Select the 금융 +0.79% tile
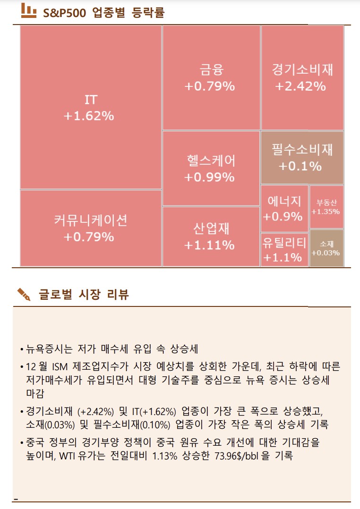click(x=211, y=78)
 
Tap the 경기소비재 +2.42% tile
click(x=302, y=78)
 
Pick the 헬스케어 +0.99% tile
click(x=211, y=169)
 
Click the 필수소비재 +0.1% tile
click(x=302, y=158)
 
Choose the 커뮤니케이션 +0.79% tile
click(x=91, y=228)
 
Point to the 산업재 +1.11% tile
click(x=211, y=237)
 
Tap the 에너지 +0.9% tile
click(x=284, y=208)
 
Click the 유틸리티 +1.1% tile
click(x=284, y=249)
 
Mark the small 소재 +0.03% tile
click(x=326, y=248)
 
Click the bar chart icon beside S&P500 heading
click(x=29, y=12)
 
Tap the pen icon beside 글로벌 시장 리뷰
click(x=24, y=294)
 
